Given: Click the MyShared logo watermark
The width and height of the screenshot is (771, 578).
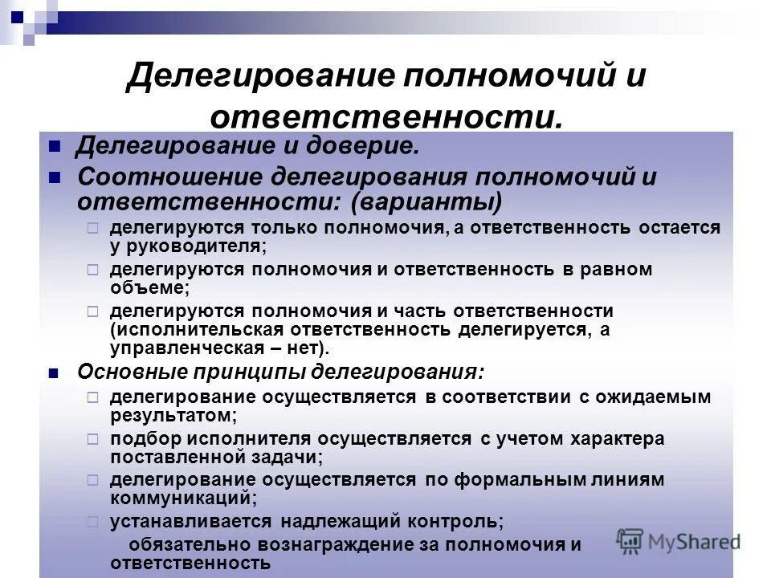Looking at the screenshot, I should click(x=678, y=540).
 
